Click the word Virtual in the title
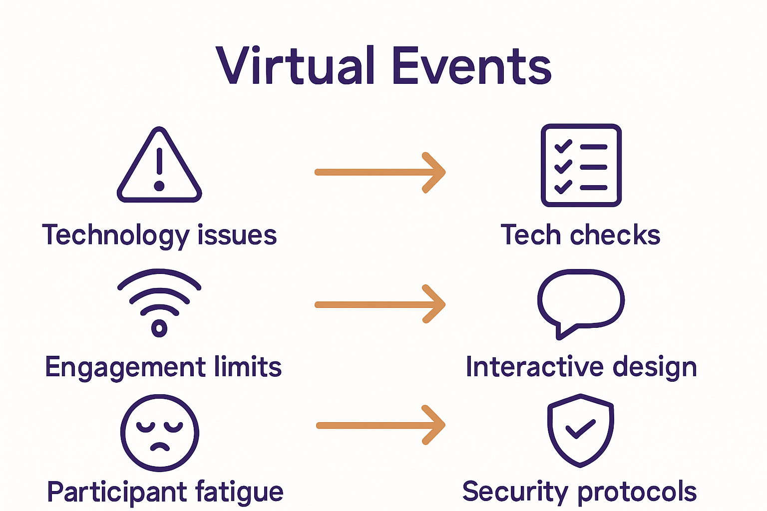pos(295,66)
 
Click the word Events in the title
pos(471,66)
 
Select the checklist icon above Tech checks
pos(581,165)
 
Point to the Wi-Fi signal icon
pos(159,302)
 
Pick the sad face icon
pos(160,433)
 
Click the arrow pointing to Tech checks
pos(380,172)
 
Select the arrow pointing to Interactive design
pos(380,304)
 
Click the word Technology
pos(115,235)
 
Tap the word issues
pos(237,235)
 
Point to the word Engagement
pos(125,367)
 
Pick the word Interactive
pos(534,367)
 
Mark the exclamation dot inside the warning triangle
pos(159,186)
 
